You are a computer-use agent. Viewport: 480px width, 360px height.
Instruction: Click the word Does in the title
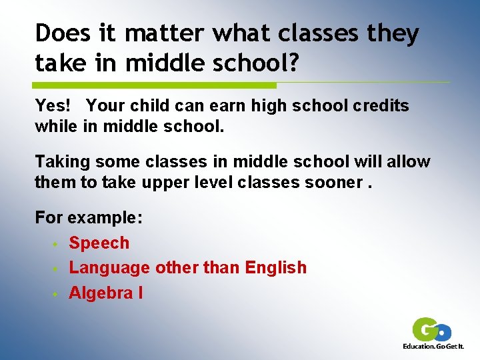coord(61,33)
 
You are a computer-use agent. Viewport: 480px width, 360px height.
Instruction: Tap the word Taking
coord(59,162)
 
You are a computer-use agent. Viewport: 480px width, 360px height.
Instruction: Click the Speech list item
coord(99,243)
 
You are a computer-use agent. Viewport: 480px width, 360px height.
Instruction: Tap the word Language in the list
coord(109,268)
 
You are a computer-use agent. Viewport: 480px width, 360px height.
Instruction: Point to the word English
coord(276,268)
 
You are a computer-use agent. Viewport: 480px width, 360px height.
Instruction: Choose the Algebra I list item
coord(106,293)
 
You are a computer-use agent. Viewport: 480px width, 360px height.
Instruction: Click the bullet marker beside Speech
coord(57,244)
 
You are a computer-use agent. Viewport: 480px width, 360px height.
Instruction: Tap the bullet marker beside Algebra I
coord(57,293)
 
